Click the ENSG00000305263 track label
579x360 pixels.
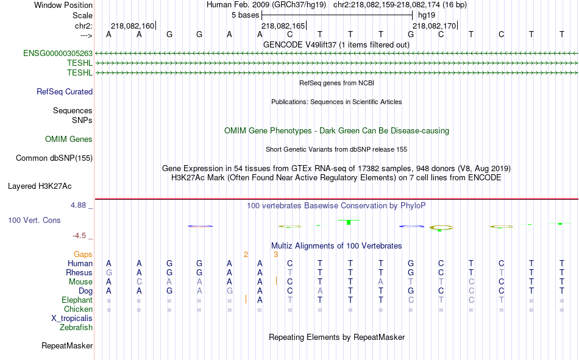click(x=58, y=54)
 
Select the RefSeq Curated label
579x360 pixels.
click(x=65, y=91)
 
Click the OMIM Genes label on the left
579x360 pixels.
click(x=69, y=139)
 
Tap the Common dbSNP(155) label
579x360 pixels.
click(x=54, y=158)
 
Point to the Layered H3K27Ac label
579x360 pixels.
click(x=40, y=186)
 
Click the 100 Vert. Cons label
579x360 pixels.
click(x=34, y=220)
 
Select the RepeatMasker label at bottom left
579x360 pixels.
click(x=67, y=345)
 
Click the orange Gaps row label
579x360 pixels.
click(x=83, y=255)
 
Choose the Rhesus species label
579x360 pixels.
click(x=79, y=272)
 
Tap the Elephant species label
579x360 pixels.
click(x=77, y=300)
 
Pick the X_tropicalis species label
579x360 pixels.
click(x=72, y=319)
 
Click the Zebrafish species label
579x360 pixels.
click(x=76, y=328)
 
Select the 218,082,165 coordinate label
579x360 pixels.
click(x=283, y=26)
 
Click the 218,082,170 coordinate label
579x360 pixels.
click(x=434, y=26)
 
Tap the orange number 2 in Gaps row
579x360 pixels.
click(x=246, y=255)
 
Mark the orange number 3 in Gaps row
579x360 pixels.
click(x=275, y=255)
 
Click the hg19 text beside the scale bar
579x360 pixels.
click(x=427, y=15)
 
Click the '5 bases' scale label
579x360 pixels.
click(x=246, y=15)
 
